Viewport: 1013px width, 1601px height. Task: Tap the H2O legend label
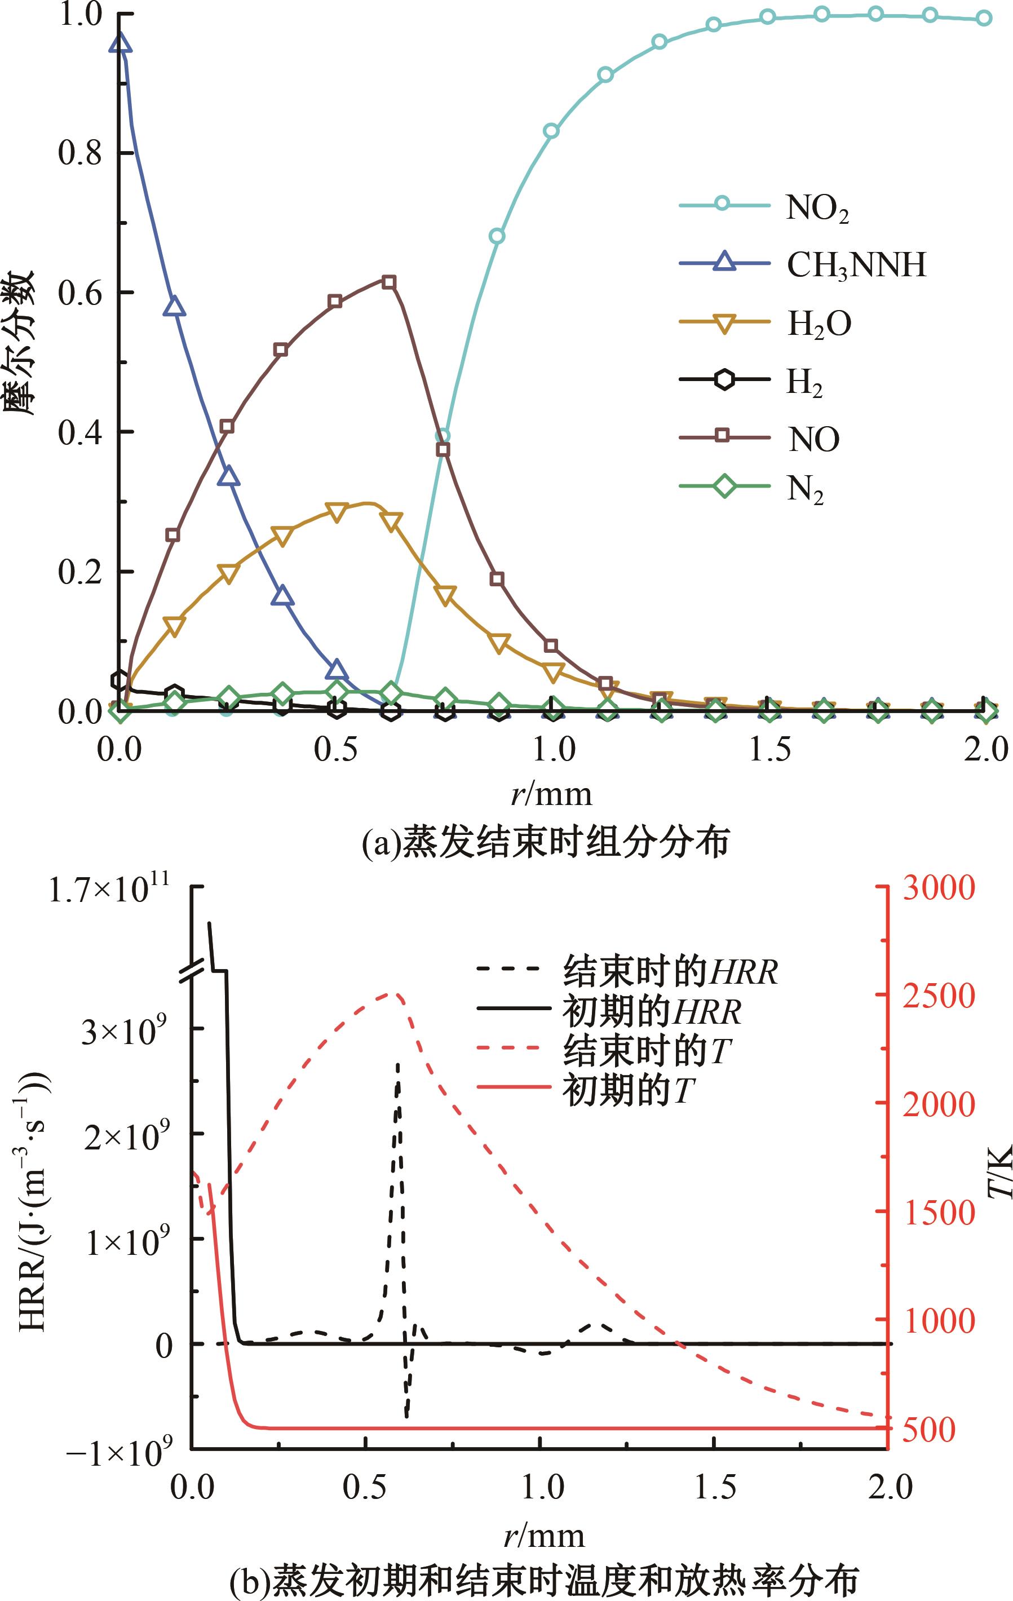819,324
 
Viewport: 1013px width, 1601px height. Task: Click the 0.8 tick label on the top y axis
79,153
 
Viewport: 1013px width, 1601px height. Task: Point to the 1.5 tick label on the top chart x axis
769,749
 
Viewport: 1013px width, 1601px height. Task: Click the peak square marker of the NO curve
390,282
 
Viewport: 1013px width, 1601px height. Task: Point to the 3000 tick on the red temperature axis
938,888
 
